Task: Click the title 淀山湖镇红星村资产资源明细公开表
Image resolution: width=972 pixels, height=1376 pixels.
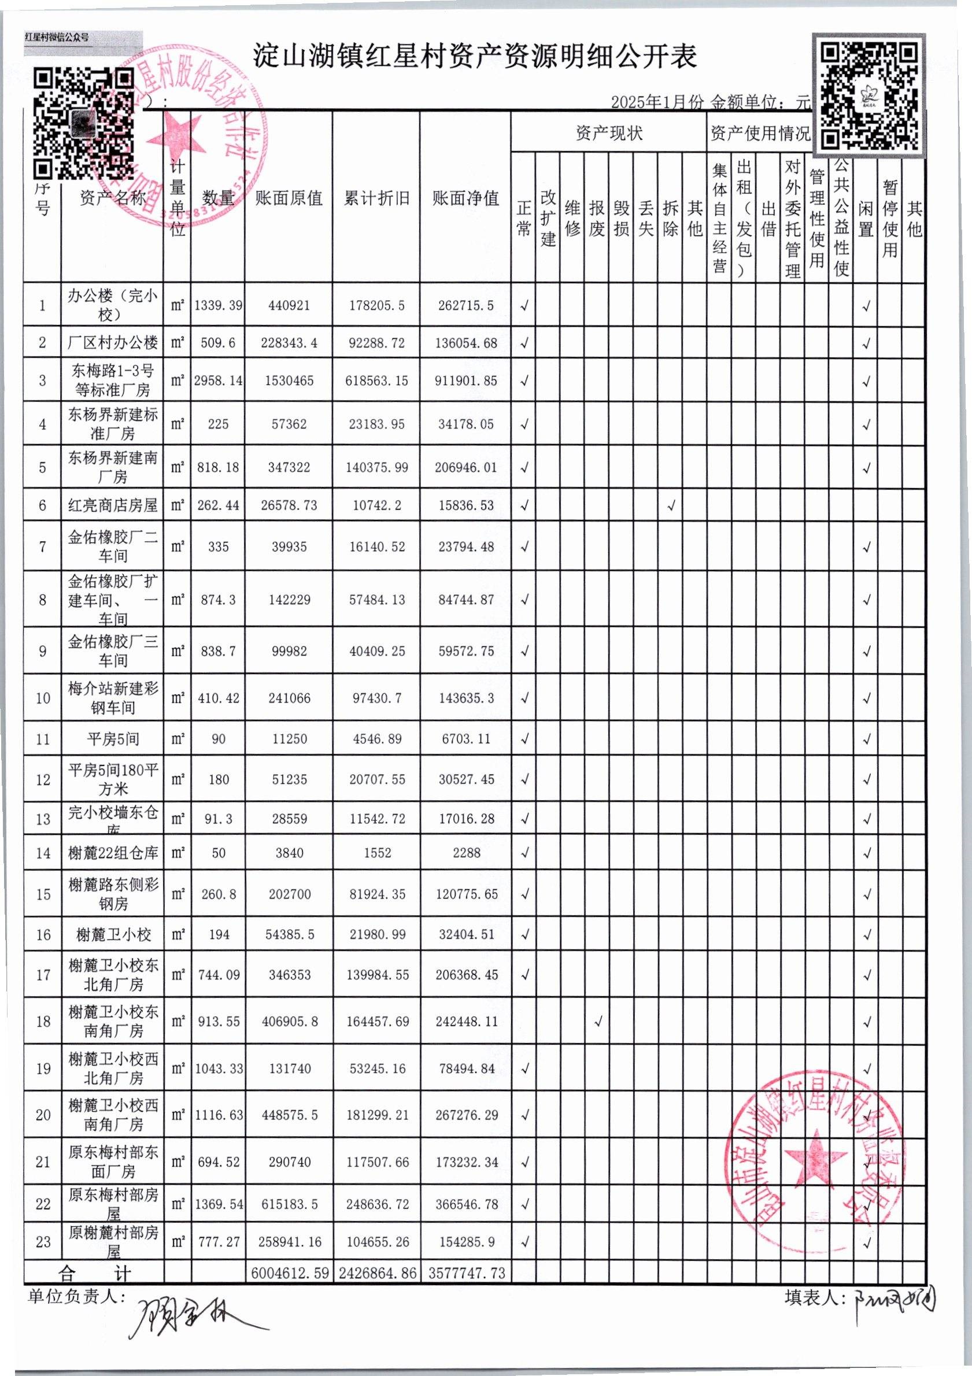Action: (x=474, y=57)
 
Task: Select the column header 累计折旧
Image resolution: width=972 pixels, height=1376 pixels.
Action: (x=376, y=198)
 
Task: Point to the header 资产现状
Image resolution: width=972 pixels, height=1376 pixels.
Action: (x=608, y=133)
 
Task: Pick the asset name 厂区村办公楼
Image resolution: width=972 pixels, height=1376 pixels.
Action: (x=113, y=343)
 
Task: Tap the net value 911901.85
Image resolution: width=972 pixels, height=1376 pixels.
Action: (x=465, y=380)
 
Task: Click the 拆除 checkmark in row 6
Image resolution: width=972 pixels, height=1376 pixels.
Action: (x=671, y=506)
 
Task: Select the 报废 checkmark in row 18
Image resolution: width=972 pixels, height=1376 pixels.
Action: (x=597, y=1022)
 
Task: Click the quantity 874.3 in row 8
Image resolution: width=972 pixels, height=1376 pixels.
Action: (x=218, y=600)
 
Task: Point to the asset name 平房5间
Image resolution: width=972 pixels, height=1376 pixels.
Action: (x=113, y=739)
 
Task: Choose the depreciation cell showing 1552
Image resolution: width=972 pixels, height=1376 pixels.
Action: (x=377, y=853)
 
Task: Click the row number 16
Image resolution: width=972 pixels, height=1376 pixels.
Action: (x=43, y=935)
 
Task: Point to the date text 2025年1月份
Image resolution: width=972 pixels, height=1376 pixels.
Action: (x=657, y=102)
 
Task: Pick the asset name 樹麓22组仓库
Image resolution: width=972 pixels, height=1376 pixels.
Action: (x=113, y=853)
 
